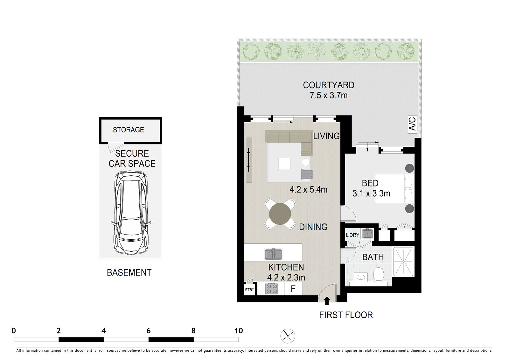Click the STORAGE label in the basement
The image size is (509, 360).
click(x=129, y=130)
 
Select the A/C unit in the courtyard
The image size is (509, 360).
click(x=412, y=124)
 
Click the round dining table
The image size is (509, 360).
click(x=280, y=214)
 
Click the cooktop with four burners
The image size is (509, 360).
click(x=272, y=289)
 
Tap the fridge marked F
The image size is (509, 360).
click(x=293, y=289)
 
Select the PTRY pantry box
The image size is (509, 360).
click(x=249, y=289)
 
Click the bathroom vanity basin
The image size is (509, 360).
click(x=361, y=277)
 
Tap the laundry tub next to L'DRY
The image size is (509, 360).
click(x=367, y=234)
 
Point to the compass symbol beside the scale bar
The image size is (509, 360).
click(x=288, y=336)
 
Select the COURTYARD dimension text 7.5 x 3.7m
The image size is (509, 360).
click(x=329, y=95)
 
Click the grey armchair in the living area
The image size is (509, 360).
click(x=307, y=174)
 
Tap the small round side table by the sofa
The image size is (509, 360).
click(x=306, y=162)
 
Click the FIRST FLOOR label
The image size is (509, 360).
click(x=346, y=315)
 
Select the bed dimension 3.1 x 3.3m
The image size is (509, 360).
click(x=371, y=194)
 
